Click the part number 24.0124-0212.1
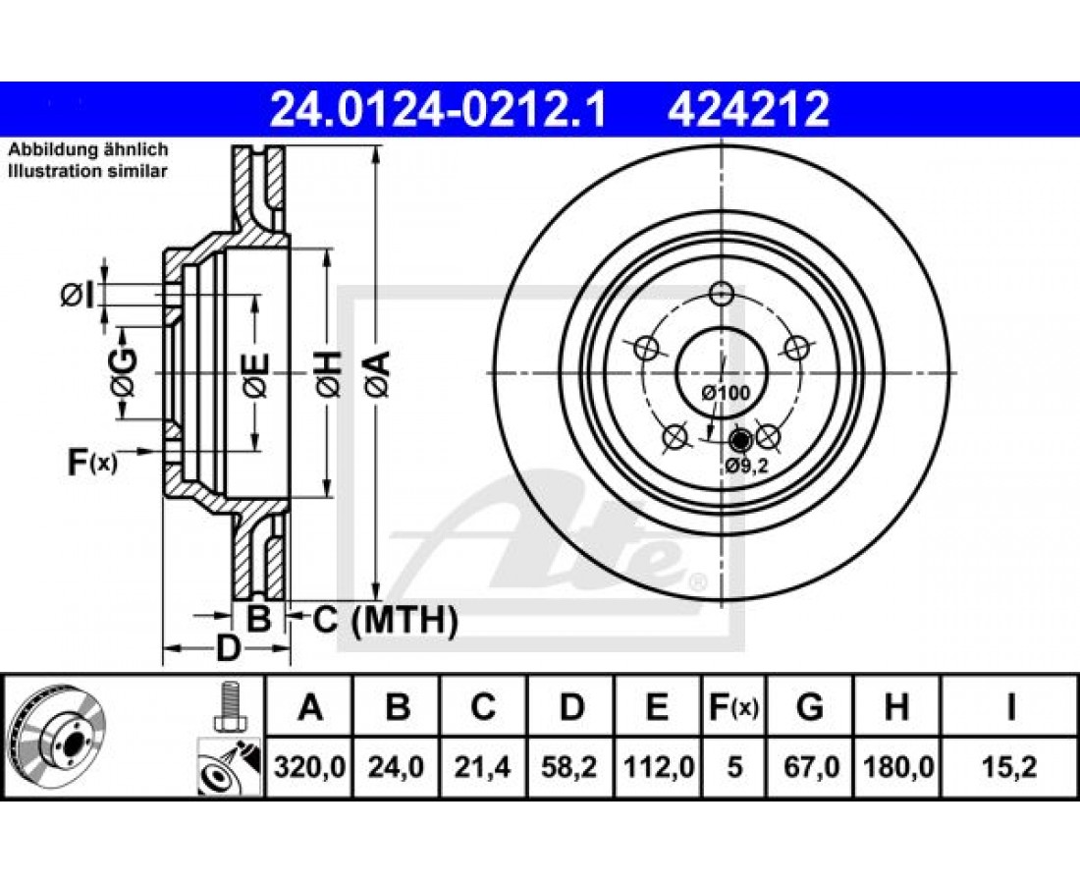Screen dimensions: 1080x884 click(x=437, y=110)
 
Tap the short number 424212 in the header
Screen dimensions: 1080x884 click(x=747, y=110)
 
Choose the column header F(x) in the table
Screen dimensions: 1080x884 click(x=733, y=707)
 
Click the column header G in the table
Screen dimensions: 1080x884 click(x=810, y=707)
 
